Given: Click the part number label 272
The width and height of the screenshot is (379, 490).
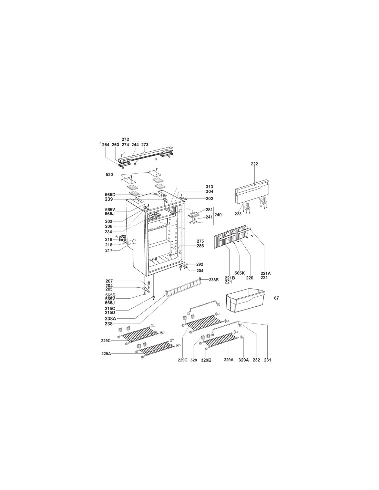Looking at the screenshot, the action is [125, 140].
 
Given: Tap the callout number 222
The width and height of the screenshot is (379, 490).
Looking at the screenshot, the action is [254, 164].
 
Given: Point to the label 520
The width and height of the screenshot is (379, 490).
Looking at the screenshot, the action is [109, 175].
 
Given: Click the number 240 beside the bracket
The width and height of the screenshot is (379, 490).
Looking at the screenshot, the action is [218, 215].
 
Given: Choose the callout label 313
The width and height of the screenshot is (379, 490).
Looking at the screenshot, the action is [209, 187].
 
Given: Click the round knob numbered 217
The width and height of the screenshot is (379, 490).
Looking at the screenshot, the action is [133, 242].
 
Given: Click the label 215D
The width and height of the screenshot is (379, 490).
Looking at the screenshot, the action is [110, 312].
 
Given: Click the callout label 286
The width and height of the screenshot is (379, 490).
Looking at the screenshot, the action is [200, 246].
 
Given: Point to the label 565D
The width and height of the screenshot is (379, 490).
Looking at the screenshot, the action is [110, 194].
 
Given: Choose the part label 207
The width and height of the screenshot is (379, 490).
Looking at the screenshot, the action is [109, 281].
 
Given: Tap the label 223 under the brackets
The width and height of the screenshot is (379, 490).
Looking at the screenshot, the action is [238, 214].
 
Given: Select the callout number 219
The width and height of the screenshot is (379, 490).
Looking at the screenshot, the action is [109, 239].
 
